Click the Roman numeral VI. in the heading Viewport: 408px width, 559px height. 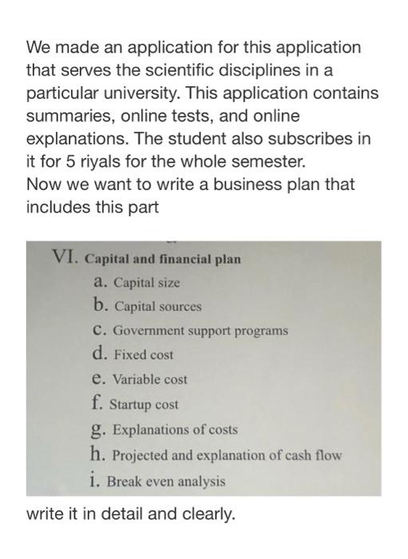[65, 257]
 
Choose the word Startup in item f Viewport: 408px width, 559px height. [131, 404]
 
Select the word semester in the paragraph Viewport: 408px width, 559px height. [269, 161]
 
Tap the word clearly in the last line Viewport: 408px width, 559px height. [208, 513]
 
